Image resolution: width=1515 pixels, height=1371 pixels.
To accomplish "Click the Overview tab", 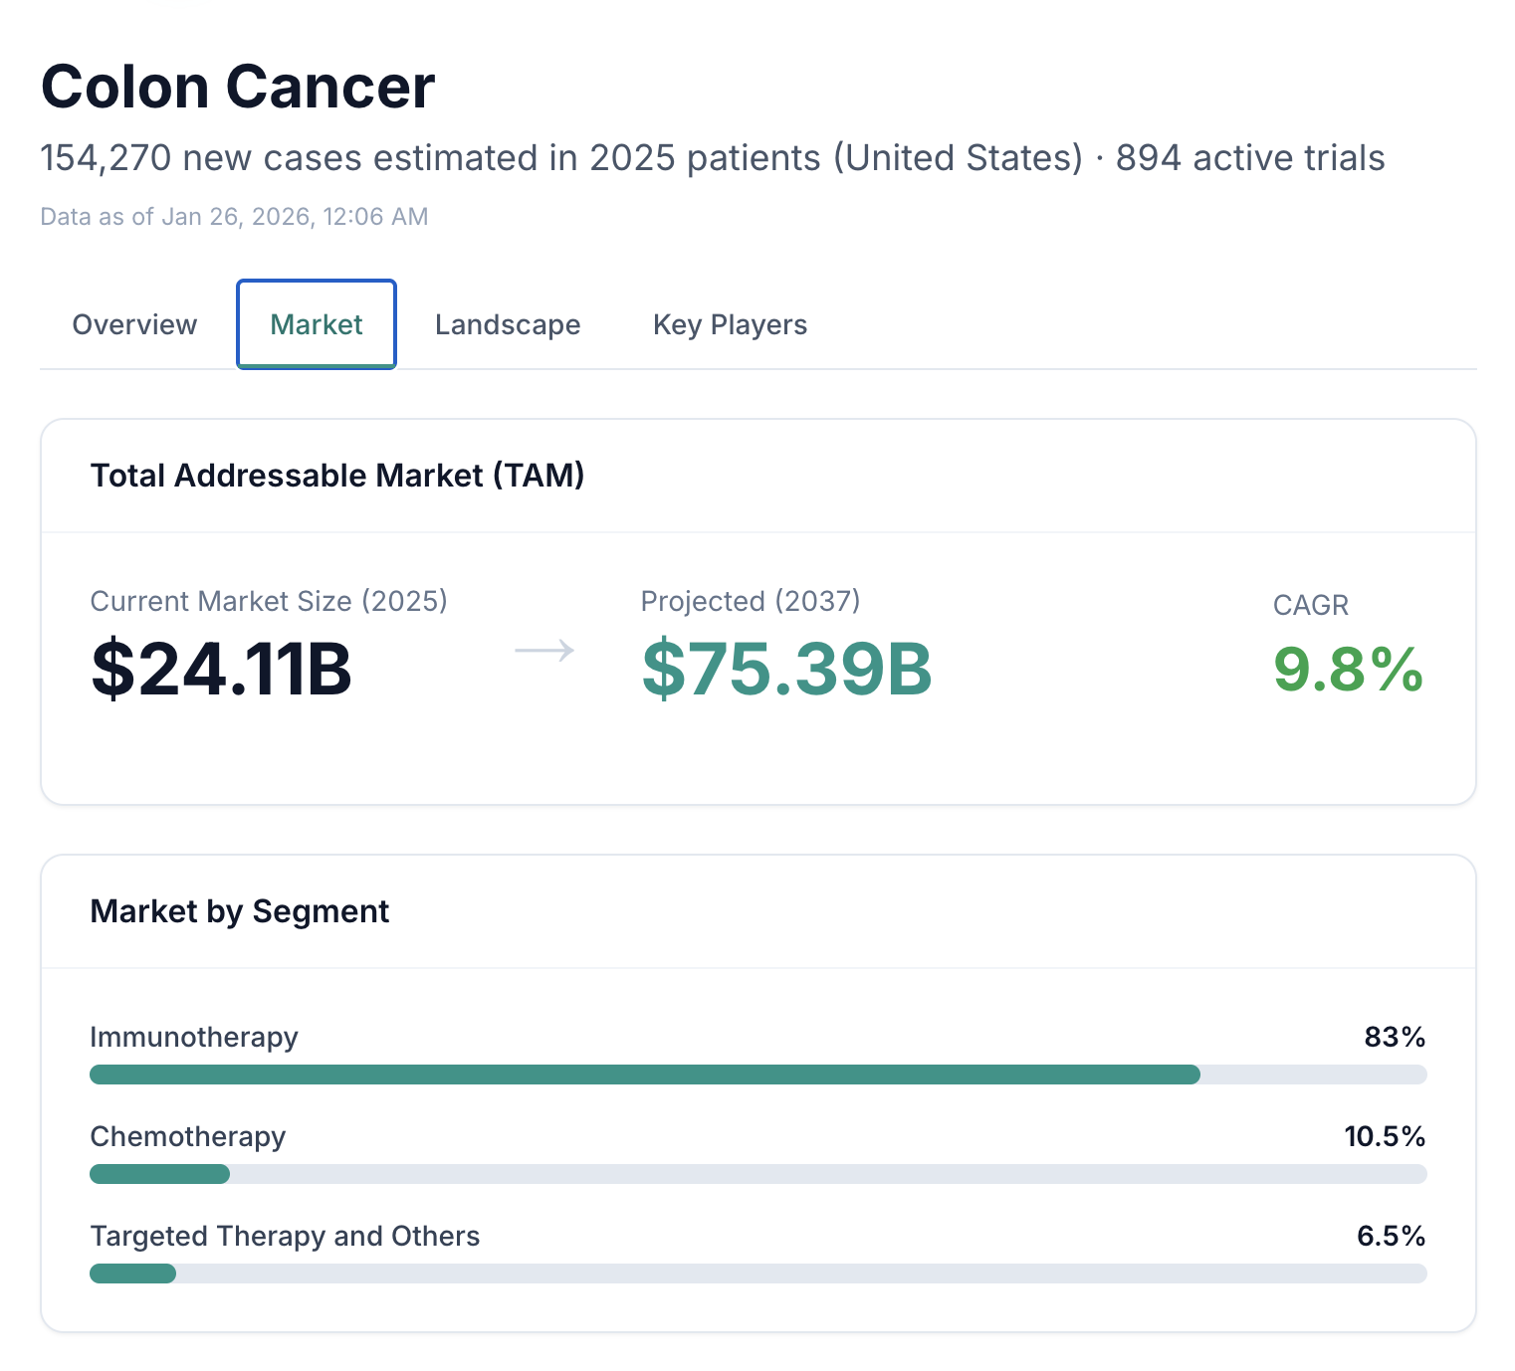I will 134,325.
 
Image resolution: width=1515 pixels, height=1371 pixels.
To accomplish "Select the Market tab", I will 317,325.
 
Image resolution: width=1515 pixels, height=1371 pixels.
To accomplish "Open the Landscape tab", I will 508,325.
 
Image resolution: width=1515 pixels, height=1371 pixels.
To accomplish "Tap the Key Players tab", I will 730,325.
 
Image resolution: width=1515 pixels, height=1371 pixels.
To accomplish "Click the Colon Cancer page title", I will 238,88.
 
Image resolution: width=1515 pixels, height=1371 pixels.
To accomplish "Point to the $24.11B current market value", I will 221,670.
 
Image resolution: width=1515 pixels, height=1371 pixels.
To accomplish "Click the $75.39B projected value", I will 786,670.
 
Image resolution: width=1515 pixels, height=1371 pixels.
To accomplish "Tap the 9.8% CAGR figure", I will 1348,670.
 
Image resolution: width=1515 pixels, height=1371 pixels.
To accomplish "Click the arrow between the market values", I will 544,651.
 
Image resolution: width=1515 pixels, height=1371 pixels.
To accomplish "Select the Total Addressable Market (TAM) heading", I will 337,476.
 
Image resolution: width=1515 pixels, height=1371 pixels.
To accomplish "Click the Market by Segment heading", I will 240,911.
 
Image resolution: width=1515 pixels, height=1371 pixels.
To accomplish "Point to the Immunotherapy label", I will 194,1037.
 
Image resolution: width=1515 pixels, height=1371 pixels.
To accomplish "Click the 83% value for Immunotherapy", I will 1395,1037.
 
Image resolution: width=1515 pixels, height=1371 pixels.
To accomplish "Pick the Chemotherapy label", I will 188,1136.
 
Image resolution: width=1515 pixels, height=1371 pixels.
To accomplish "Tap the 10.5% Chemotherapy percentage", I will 1385,1136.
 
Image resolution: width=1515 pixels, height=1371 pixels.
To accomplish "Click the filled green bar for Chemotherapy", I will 159,1174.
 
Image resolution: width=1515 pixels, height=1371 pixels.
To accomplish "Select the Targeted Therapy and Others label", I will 285,1236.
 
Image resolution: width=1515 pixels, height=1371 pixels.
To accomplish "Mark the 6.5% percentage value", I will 1391,1236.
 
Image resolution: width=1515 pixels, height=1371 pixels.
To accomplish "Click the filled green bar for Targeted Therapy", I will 132,1273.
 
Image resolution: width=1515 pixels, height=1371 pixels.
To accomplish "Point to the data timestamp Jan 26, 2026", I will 234,217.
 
